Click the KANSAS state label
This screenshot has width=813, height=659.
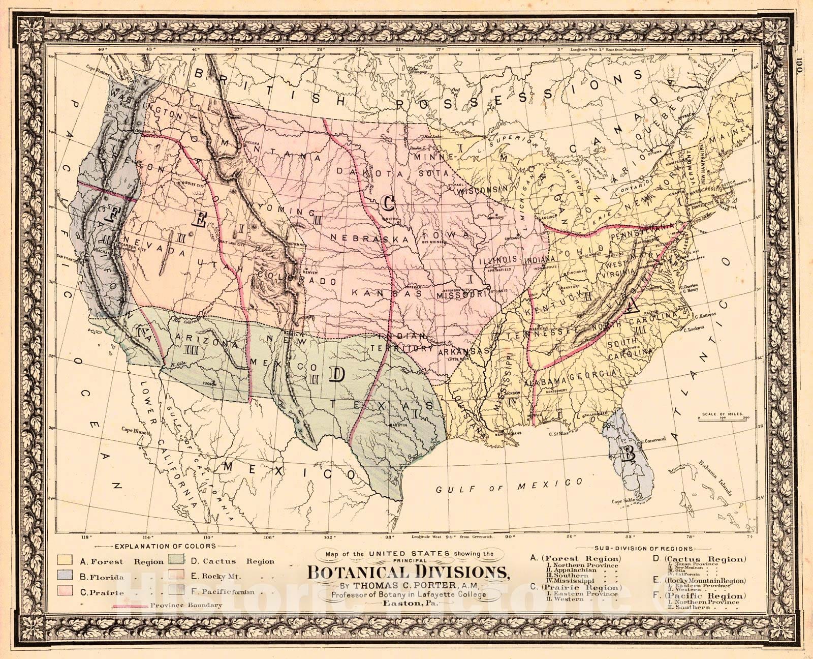pyautogui.click(x=387, y=293)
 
